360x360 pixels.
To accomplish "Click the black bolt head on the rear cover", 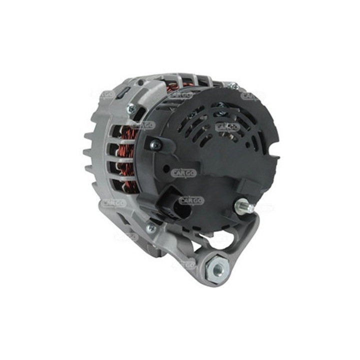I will coord(155,145).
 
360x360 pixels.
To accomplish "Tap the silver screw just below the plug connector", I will coord(150,228).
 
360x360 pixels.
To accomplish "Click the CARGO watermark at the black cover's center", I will coord(184,173).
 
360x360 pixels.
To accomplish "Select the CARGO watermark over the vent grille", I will coord(227,127).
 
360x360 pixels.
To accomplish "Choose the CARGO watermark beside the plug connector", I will coord(191,200).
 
